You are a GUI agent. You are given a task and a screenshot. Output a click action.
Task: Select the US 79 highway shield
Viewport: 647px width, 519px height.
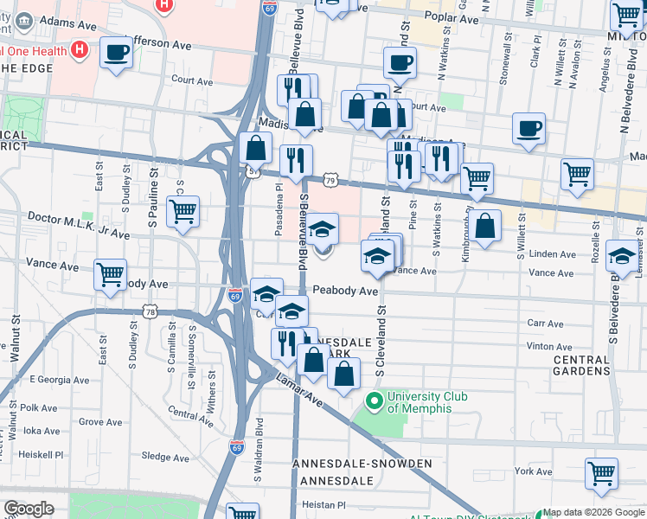(x=330, y=179)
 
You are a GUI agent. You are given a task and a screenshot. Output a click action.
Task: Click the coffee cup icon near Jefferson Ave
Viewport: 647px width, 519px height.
(x=116, y=54)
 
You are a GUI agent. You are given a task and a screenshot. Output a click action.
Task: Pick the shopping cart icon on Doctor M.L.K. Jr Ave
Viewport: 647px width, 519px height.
(x=183, y=211)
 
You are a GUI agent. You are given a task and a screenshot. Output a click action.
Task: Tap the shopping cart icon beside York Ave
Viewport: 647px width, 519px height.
(x=601, y=473)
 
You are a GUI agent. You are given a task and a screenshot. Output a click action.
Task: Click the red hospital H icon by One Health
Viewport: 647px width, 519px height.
(x=80, y=49)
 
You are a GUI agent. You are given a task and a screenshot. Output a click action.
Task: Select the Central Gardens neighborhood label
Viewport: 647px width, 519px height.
(x=582, y=365)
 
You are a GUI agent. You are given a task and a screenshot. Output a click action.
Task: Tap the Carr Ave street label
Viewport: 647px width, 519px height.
(x=546, y=323)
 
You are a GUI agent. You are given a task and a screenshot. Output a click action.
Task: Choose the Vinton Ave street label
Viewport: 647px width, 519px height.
(x=549, y=346)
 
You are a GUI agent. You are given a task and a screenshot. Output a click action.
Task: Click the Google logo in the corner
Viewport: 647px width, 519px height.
(x=29, y=509)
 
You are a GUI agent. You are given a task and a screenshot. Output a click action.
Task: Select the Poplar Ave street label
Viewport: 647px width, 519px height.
(x=458, y=18)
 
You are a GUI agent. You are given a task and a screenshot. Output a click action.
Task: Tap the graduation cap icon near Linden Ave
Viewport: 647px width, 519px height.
(x=620, y=255)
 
